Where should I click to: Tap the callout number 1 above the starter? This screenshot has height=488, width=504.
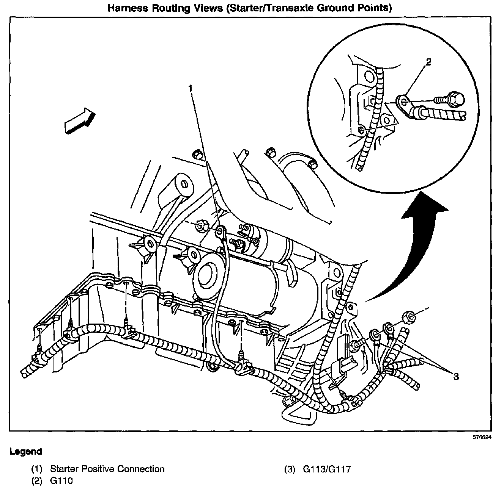pos(191,88)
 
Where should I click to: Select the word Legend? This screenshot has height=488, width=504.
pos(25,452)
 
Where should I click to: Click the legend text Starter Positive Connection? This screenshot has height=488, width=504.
pos(107,469)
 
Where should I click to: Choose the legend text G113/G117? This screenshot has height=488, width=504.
pos(327,469)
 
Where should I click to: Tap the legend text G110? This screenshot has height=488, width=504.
pos(61,481)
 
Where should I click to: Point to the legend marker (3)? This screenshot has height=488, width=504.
pos(290,469)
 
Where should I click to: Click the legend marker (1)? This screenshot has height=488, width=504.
pos(37,469)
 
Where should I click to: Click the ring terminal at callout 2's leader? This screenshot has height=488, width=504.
pos(403,101)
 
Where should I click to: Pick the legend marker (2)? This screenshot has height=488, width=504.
pos(37,481)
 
